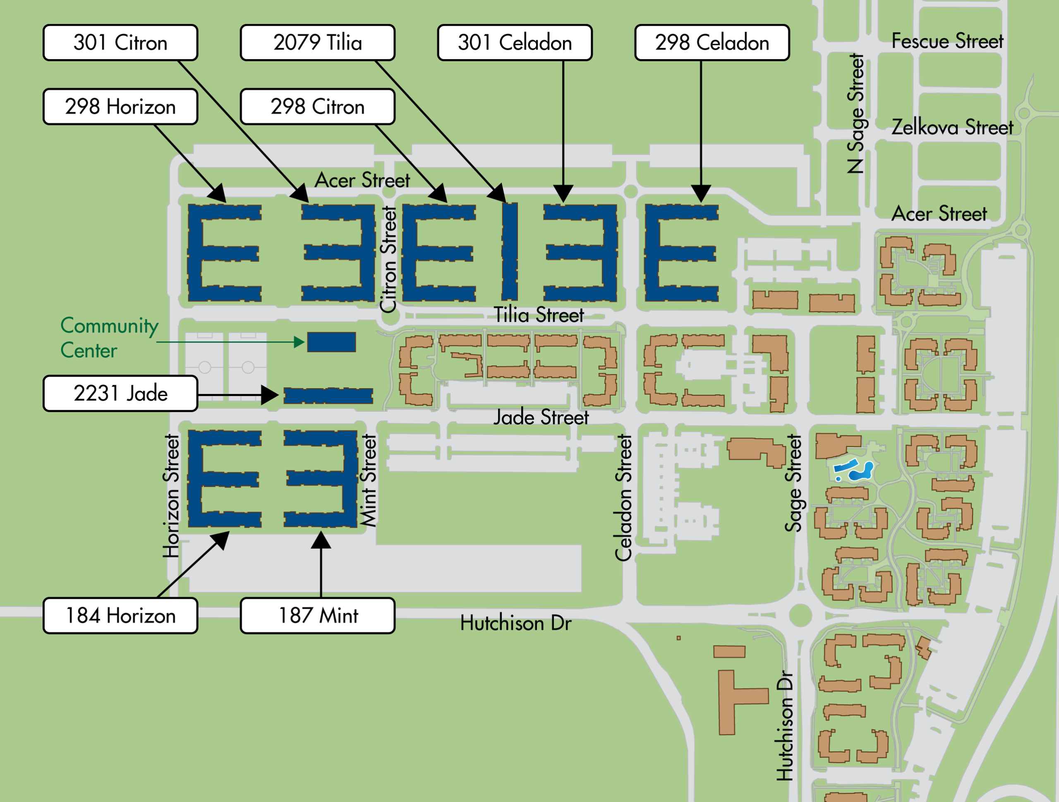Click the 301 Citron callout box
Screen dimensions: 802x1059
coord(120,43)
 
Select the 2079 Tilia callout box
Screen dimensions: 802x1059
coord(317,43)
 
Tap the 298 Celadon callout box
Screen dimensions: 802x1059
coord(712,43)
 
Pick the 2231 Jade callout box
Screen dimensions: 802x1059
coord(120,393)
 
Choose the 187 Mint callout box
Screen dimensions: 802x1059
coord(317,615)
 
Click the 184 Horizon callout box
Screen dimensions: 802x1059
coord(120,615)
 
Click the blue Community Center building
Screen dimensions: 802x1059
coord(331,342)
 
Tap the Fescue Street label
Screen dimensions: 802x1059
coord(947,41)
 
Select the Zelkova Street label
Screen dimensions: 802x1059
coord(952,127)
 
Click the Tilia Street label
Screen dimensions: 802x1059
coord(539,315)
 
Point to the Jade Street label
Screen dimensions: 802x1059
coord(541,417)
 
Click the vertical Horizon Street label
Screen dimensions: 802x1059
coord(171,496)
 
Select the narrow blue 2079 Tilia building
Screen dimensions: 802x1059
coord(509,251)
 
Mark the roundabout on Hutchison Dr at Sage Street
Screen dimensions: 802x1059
coord(800,615)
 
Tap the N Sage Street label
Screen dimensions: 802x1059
coord(855,113)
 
